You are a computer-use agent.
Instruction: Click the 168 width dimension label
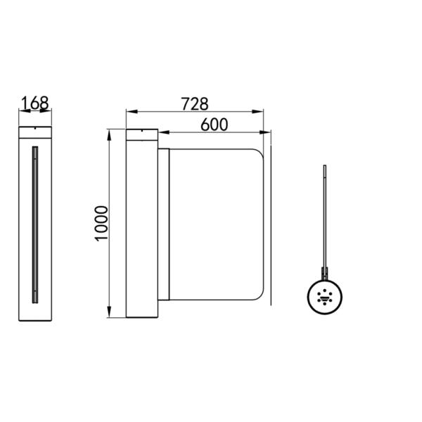[x=34, y=103]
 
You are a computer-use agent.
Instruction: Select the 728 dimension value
[x=195, y=103]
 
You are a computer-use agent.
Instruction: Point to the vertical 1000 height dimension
[x=101, y=223]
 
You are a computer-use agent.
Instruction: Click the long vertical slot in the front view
[x=34, y=224]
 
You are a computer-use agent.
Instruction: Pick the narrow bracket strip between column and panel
[x=164, y=224]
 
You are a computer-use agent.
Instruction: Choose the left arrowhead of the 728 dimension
[x=129, y=111]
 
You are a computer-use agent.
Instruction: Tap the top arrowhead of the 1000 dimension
[x=109, y=134]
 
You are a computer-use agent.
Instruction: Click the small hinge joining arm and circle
[x=324, y=271]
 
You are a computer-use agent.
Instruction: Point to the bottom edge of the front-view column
[x=34, y=318]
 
